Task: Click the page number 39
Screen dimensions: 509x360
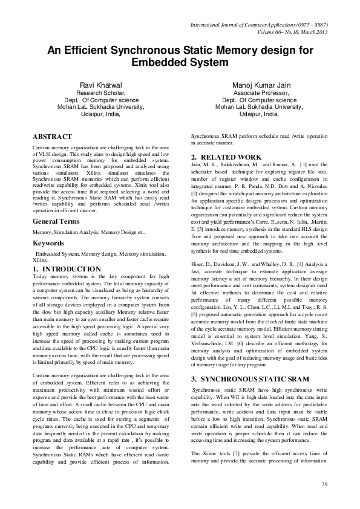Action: pos(324,484)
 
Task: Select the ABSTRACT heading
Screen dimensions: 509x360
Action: pos(52,137)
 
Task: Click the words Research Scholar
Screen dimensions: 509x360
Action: pos(100,94)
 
